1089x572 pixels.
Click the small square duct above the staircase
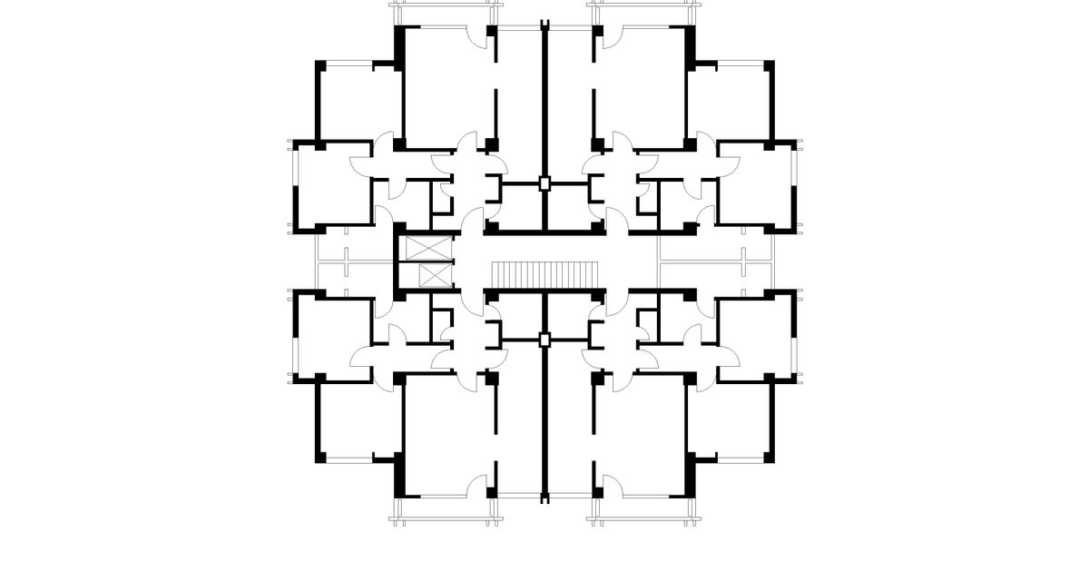(544, 183)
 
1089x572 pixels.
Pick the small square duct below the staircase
(544, 340)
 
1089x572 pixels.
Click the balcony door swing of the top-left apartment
(477, 36)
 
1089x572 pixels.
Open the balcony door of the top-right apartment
(611, 36)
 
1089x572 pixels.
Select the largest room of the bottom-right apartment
(640, 436)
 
